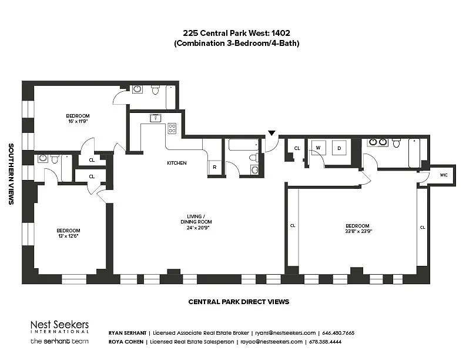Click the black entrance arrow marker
pos(271,133)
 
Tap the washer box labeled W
pos(319,148)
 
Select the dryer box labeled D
pos(339,148)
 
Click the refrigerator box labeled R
pos(214,167)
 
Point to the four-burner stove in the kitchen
pos(172,128)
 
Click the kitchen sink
pos(155,118)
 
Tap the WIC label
pos(444,175)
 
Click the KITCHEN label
pos(177,163)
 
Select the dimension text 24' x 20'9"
pos(196,228)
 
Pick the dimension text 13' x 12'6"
pos(68,236)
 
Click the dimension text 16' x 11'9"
pos(78,121)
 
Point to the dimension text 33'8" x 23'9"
pos(358,231)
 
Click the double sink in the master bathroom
pos(378,142)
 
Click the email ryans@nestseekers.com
pos(286,333)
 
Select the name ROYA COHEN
pos(126,342)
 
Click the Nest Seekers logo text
pos(59,325)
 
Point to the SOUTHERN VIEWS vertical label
pos(11,174)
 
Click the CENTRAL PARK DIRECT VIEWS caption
pos(239,302)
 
